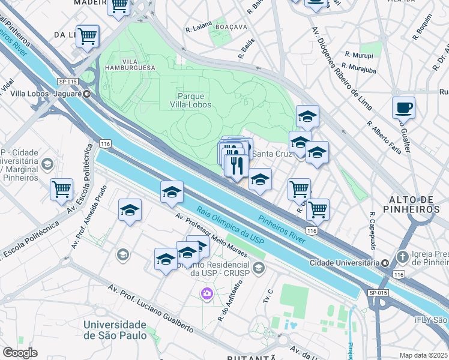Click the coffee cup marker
click(403, 108)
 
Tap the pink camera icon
click(206, 293)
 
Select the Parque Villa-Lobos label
click(191, 100)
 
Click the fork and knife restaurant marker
click(238, 165)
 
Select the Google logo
click(20, 353)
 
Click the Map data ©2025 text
click(424, 355)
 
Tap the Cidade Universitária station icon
click(385, 262)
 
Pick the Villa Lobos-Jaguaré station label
click(46, 94)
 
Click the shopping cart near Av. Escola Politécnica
click(61, 189)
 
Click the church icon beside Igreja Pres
click(402, 256)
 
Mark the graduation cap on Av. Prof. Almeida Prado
click(130, 210)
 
